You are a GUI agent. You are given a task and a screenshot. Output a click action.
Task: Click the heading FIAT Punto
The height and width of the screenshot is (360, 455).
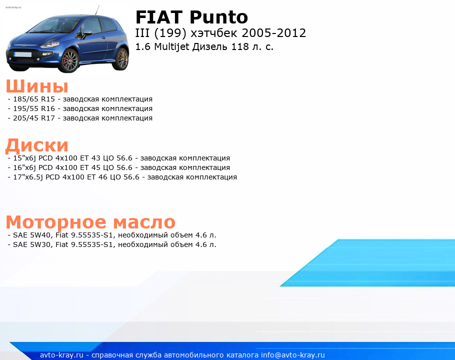(x=191, y=17)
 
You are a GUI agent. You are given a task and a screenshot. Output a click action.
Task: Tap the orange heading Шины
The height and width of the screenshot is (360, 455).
(x=37, y=86)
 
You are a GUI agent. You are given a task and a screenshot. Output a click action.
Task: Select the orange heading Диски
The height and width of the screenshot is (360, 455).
(x=37, y=145)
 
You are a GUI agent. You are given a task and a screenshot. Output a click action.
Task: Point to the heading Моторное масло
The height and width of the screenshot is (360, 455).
(x=90, y=222)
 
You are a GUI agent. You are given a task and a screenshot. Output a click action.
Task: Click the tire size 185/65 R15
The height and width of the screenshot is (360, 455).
(x=34, y=99)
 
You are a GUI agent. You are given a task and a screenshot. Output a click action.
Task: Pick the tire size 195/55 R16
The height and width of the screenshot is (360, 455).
(x=34, y=109)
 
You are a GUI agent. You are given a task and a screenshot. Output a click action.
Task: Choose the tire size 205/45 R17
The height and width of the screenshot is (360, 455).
(x=34, y=118)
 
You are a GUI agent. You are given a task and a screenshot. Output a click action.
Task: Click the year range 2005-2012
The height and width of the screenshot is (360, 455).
(x=273, y=33)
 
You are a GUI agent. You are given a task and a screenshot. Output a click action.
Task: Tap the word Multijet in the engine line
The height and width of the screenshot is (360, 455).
(x=171, y=46)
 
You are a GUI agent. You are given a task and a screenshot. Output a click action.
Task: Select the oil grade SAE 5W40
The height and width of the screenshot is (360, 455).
(x=32, y=235)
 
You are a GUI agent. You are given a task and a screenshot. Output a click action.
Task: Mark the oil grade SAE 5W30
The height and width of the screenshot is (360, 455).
(x=32, y=244)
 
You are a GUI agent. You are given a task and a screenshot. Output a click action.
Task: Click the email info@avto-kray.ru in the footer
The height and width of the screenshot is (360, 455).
(x=293, y=355)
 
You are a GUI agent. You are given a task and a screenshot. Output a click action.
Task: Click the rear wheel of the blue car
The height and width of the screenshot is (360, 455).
(x=122, y=59)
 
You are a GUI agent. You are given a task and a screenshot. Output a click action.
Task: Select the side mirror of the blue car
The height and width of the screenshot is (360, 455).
(x=87, y=33)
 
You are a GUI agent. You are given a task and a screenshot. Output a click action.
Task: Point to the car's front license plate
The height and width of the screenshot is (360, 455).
(x=22, y=54)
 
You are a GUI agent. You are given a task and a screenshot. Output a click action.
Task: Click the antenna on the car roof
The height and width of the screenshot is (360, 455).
(x=97, y=10)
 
